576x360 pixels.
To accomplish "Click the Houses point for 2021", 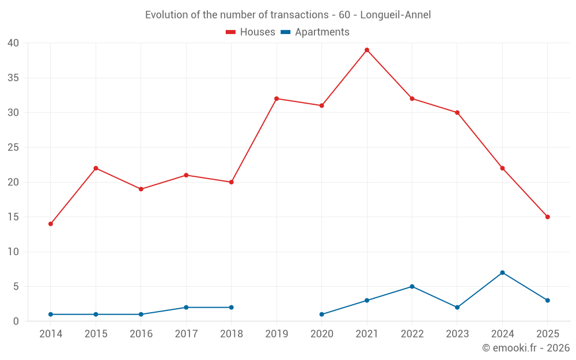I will coord(367,50).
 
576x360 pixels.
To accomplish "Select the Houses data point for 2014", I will coord(51,223).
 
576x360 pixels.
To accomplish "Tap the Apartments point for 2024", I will coord(502,272).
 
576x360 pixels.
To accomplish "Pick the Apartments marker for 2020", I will coord(321,314).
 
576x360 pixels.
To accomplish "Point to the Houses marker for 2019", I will coord(276,98).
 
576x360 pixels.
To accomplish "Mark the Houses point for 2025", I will coord(547,217).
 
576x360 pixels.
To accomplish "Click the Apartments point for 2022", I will coord(412,286).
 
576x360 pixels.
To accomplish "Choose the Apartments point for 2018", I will coord(232,308).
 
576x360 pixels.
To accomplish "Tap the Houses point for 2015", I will coord(96,168).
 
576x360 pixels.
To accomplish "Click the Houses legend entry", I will coord(251,32).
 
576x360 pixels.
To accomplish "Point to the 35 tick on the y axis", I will coord(13,78).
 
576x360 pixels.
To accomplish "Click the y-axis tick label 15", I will coord(13,217).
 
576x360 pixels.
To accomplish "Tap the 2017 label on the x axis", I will coord(186,334).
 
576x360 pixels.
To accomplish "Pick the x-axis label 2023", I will coord(457,334).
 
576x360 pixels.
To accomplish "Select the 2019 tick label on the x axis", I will coord(276,334).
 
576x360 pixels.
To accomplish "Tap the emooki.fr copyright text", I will coord(526,348).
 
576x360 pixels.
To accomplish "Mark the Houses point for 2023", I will coord(457,112).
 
